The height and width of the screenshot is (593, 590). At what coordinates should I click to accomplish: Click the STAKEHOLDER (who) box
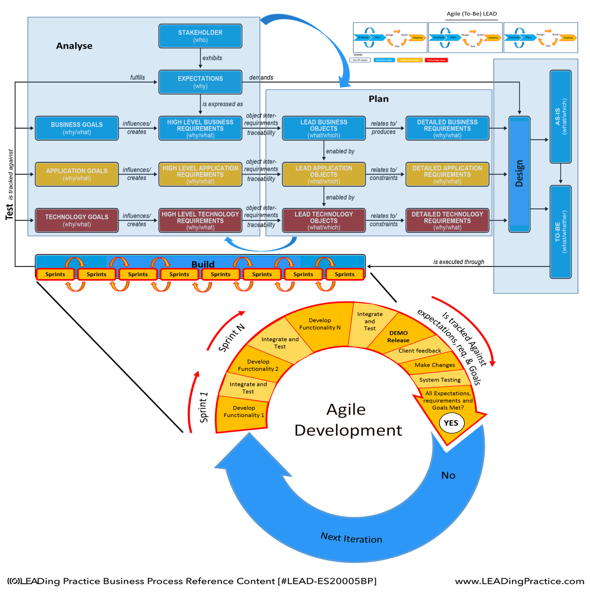point(200,36)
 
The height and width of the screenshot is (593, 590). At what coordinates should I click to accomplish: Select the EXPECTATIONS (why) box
point(200,82)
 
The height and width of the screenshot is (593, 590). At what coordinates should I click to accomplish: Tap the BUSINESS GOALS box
point(77,128)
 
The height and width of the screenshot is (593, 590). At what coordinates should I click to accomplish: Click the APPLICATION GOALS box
point(77,174)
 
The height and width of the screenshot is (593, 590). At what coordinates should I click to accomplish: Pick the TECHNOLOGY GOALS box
point(77,220)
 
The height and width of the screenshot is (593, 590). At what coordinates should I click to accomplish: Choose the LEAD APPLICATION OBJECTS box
point(324,174)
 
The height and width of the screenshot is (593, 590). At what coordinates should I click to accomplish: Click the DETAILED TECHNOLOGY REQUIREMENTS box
point(447,220)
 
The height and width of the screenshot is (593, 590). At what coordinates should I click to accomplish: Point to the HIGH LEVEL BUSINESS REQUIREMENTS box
point(200,128)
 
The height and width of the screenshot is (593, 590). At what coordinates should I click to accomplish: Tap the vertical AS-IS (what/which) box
point(560,116)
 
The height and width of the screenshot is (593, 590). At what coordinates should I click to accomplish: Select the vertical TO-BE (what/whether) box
point(560,231)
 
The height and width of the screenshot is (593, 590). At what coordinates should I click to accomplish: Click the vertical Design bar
point(519,174)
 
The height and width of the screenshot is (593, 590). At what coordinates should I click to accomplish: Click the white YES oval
point(451,423)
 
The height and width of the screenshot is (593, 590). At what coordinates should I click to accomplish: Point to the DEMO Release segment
point(399,336)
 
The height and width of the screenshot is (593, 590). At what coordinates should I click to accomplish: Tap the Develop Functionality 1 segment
point(244,411)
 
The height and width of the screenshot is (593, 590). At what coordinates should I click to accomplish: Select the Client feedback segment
point(420,351)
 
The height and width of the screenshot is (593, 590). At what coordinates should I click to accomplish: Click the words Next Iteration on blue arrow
point(351,538)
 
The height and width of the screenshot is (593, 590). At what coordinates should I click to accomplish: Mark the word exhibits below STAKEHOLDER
point(212,58)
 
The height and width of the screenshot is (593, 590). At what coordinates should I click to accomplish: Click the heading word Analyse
point(74,46)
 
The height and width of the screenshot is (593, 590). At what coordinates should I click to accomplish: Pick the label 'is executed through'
point(458,262)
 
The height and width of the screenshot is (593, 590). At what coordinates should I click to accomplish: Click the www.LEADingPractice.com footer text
point(519,581)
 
